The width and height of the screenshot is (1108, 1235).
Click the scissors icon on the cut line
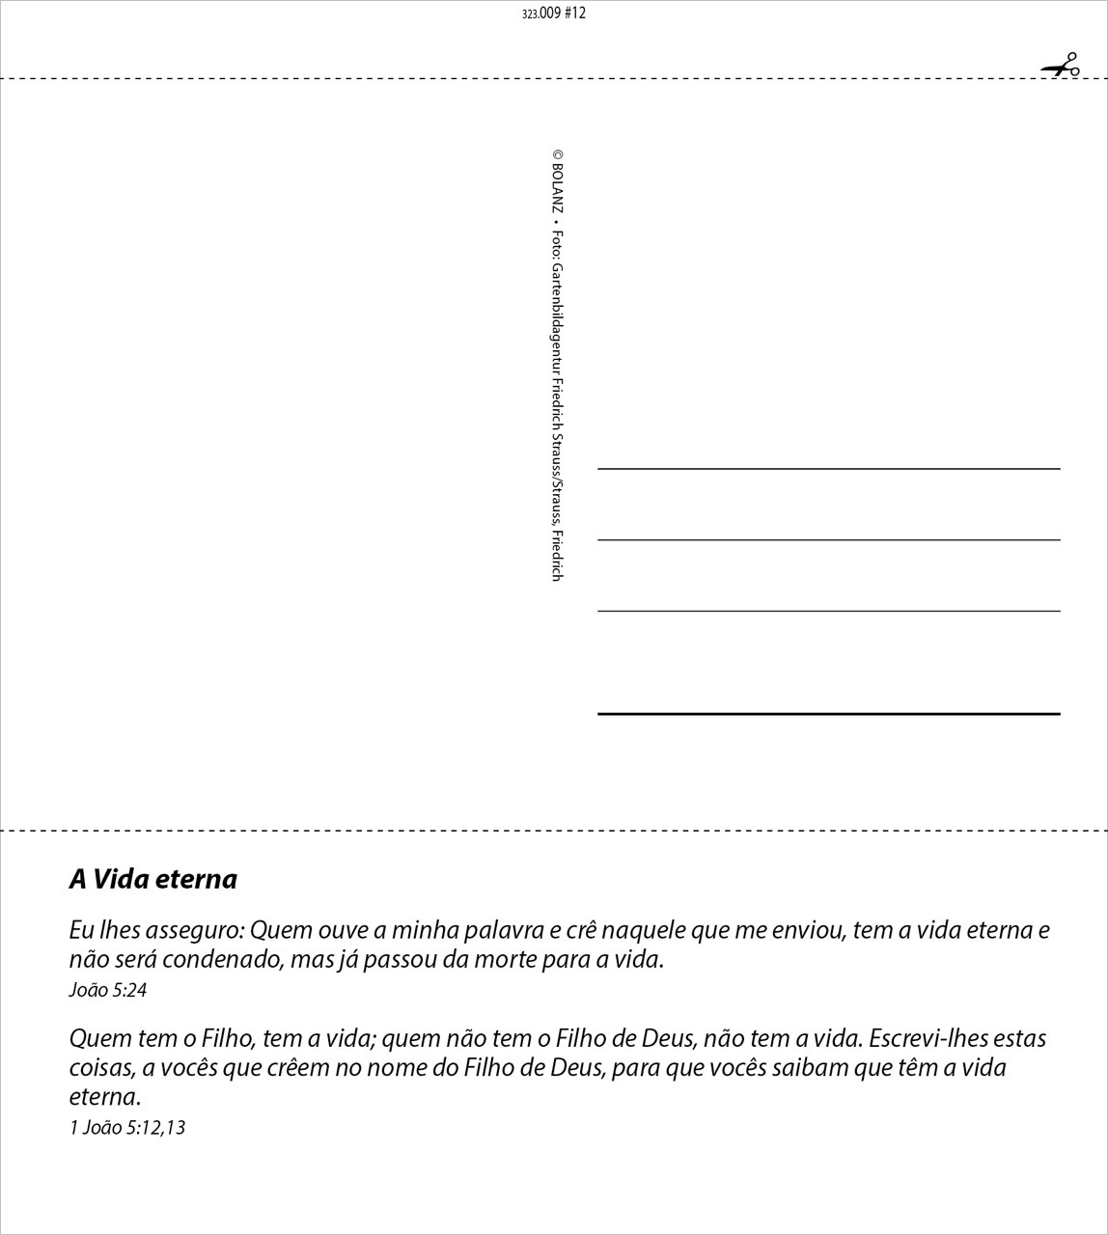point(1061,67)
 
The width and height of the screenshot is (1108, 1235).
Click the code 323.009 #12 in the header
point(553,14)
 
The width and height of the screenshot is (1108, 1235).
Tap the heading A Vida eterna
point(152,879)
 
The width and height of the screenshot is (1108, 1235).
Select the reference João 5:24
point(107,990)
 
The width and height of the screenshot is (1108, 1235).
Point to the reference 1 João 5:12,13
point(126,1127)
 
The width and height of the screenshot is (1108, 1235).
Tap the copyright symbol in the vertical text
point(558,153)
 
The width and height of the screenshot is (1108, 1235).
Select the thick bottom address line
point(828,714)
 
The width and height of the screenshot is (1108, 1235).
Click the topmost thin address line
point(828,469)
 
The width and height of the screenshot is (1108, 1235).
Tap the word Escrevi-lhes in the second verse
point(928,1039)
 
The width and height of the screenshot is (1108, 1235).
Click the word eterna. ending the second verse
point(104,1097)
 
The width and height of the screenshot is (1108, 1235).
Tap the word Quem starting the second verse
point(93,1039)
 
